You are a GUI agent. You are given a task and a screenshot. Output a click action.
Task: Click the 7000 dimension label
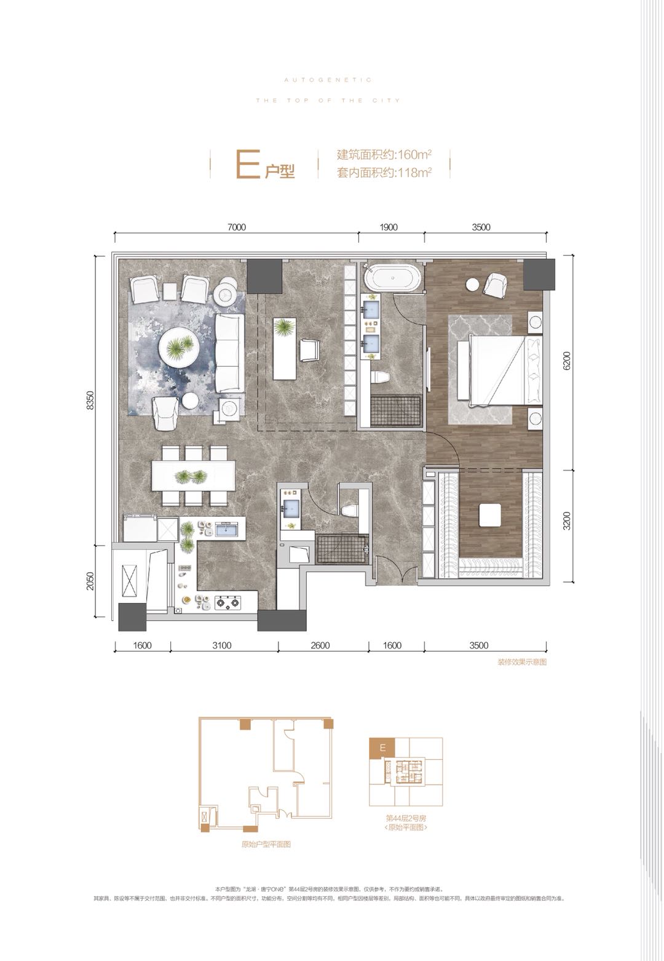pyautogui.click(x=236, y=227)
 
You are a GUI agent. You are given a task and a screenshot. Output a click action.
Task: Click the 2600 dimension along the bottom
pyautogui.click(x=320, y=645)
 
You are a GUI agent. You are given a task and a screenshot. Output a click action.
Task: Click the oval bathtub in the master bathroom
pyautogui.click(x=392, y=278)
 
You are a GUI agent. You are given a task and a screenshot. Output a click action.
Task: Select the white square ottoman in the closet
pyautogui.click(x=490, y=515)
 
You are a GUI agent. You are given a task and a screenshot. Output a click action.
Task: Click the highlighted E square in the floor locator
pyautogui.click(x=382, y=748)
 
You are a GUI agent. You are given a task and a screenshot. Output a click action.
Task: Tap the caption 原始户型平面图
pyautogui.click(x=266, y=845)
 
